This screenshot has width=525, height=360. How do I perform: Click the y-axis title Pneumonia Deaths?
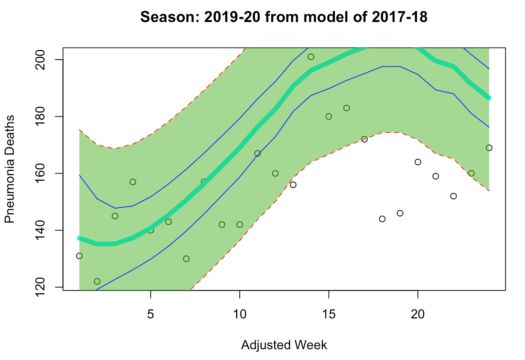(10, 169)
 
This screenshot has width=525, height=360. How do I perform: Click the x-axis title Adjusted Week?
(284, 345)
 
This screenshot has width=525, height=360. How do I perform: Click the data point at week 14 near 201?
(311, 57)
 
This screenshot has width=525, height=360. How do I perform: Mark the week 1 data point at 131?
(79, 256)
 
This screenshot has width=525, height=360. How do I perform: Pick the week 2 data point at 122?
(97, 282)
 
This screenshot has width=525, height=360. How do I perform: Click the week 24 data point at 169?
(489, 148)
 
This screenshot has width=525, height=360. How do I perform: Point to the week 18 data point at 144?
(382, 219)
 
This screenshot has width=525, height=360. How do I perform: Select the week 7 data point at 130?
(186, 259)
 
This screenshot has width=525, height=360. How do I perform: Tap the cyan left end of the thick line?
(80, 238)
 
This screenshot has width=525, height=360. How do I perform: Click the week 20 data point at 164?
(418, 162)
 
